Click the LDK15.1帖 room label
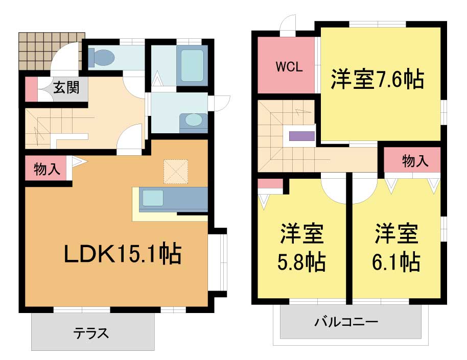coord(123,254)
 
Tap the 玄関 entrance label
coord(66,88)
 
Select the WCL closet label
coord(289,67)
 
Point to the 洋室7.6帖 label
coord(378,79)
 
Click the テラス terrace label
coord(91,333)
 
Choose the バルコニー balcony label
coord(346,322)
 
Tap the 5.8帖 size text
coord(301,261)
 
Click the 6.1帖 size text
coord(396,261)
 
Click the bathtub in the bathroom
coord(192,65)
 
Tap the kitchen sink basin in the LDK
coord(153,198)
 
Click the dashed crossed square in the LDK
coord(176,172)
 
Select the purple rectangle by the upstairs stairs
coord(302,136)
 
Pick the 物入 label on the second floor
coord(415,161)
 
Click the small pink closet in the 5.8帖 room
coord(270,184)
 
